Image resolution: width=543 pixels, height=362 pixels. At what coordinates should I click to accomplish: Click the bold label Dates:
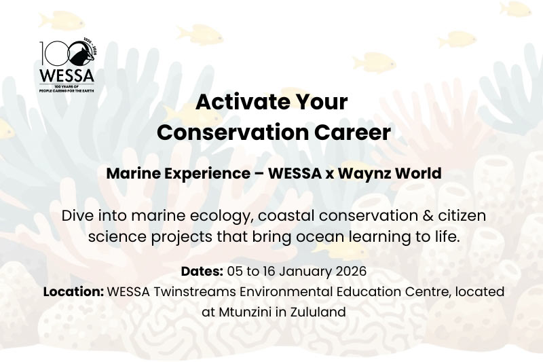[x=202, y=271]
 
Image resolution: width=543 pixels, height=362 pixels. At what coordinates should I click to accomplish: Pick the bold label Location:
[x=73, y=291]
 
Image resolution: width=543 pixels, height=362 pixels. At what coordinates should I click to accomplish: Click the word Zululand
[x=318, y=312]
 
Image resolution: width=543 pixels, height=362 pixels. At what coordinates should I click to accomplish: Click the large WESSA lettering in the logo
[x=67, y=75]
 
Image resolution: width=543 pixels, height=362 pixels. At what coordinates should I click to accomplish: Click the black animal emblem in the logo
[x=82, y=54]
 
